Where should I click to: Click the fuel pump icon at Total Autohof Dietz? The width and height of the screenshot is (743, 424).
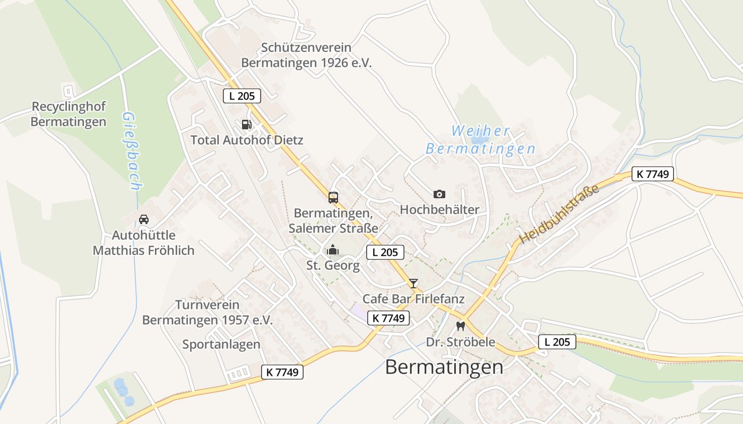tap(247, 125)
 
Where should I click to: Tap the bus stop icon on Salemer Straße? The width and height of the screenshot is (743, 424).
tap(333, 198)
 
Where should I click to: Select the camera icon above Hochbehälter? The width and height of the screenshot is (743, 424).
tap(439, 194)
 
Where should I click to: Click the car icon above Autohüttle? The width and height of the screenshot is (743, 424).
tap(143, 219)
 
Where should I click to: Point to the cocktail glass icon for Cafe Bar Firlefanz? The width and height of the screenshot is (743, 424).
tap(413, 283)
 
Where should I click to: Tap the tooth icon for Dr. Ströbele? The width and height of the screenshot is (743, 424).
tap(460, 326)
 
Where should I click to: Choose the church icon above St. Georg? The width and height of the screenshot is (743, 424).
tap(333, 250)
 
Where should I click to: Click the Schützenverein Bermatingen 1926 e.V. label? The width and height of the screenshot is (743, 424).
tap(307, 55)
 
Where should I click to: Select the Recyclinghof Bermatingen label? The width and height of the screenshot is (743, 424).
tap(68, 114)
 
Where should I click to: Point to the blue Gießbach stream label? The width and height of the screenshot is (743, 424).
tap(131, 151)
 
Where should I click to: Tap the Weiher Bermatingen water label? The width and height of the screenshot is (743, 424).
tap(481, 140)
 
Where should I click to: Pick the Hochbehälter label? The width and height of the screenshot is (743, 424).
tap(439, 209)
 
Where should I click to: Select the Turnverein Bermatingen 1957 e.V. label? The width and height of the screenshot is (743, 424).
tap(208, 313)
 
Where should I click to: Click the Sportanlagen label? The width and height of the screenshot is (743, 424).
tap(221, 344)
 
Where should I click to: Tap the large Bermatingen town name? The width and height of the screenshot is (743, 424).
tap(444, 367)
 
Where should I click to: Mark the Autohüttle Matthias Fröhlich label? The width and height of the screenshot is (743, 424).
tap(143, 243)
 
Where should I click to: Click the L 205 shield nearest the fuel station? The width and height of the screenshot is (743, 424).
tap(242, 96)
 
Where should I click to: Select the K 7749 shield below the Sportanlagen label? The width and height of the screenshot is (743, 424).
tap(283, 372)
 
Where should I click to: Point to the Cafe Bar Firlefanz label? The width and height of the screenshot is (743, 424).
tap(413, 299)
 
